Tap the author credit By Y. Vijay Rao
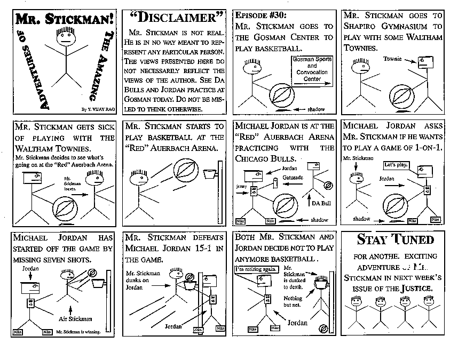(x=97, y=109)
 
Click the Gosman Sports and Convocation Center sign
(x=312, y=69)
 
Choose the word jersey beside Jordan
(x=241, y=187)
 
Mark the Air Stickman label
(x=74, y=319)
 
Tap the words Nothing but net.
(x=293, y=302)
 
